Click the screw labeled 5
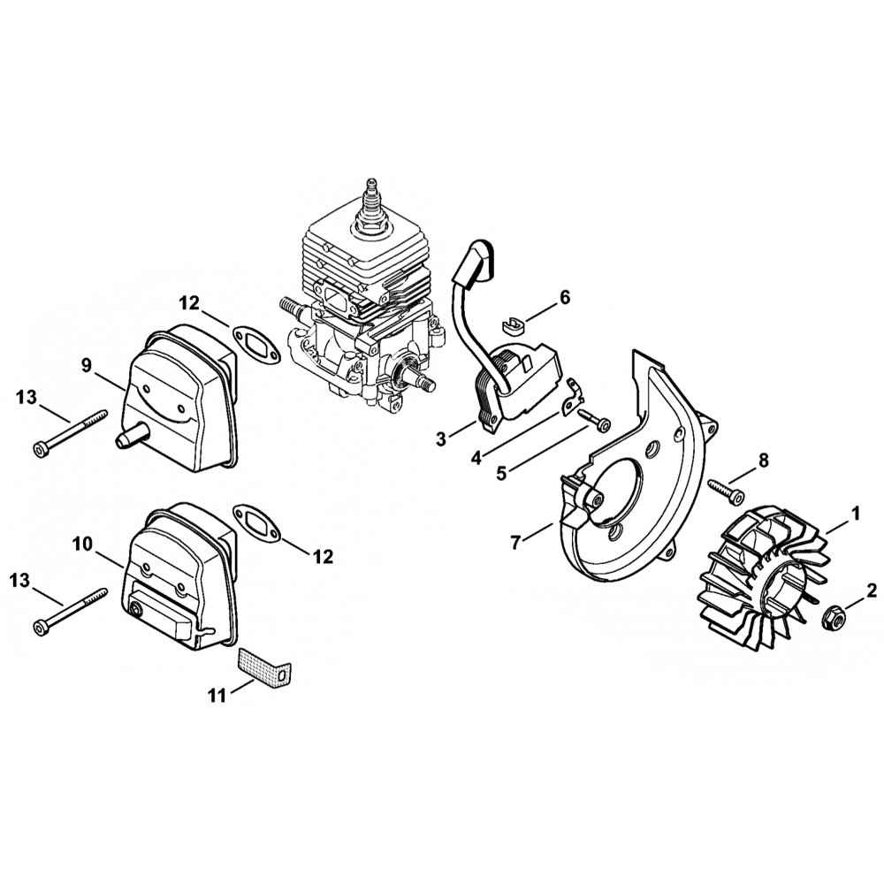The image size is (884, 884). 592,418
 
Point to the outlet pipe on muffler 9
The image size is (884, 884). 128,434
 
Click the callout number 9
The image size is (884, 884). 86,365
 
